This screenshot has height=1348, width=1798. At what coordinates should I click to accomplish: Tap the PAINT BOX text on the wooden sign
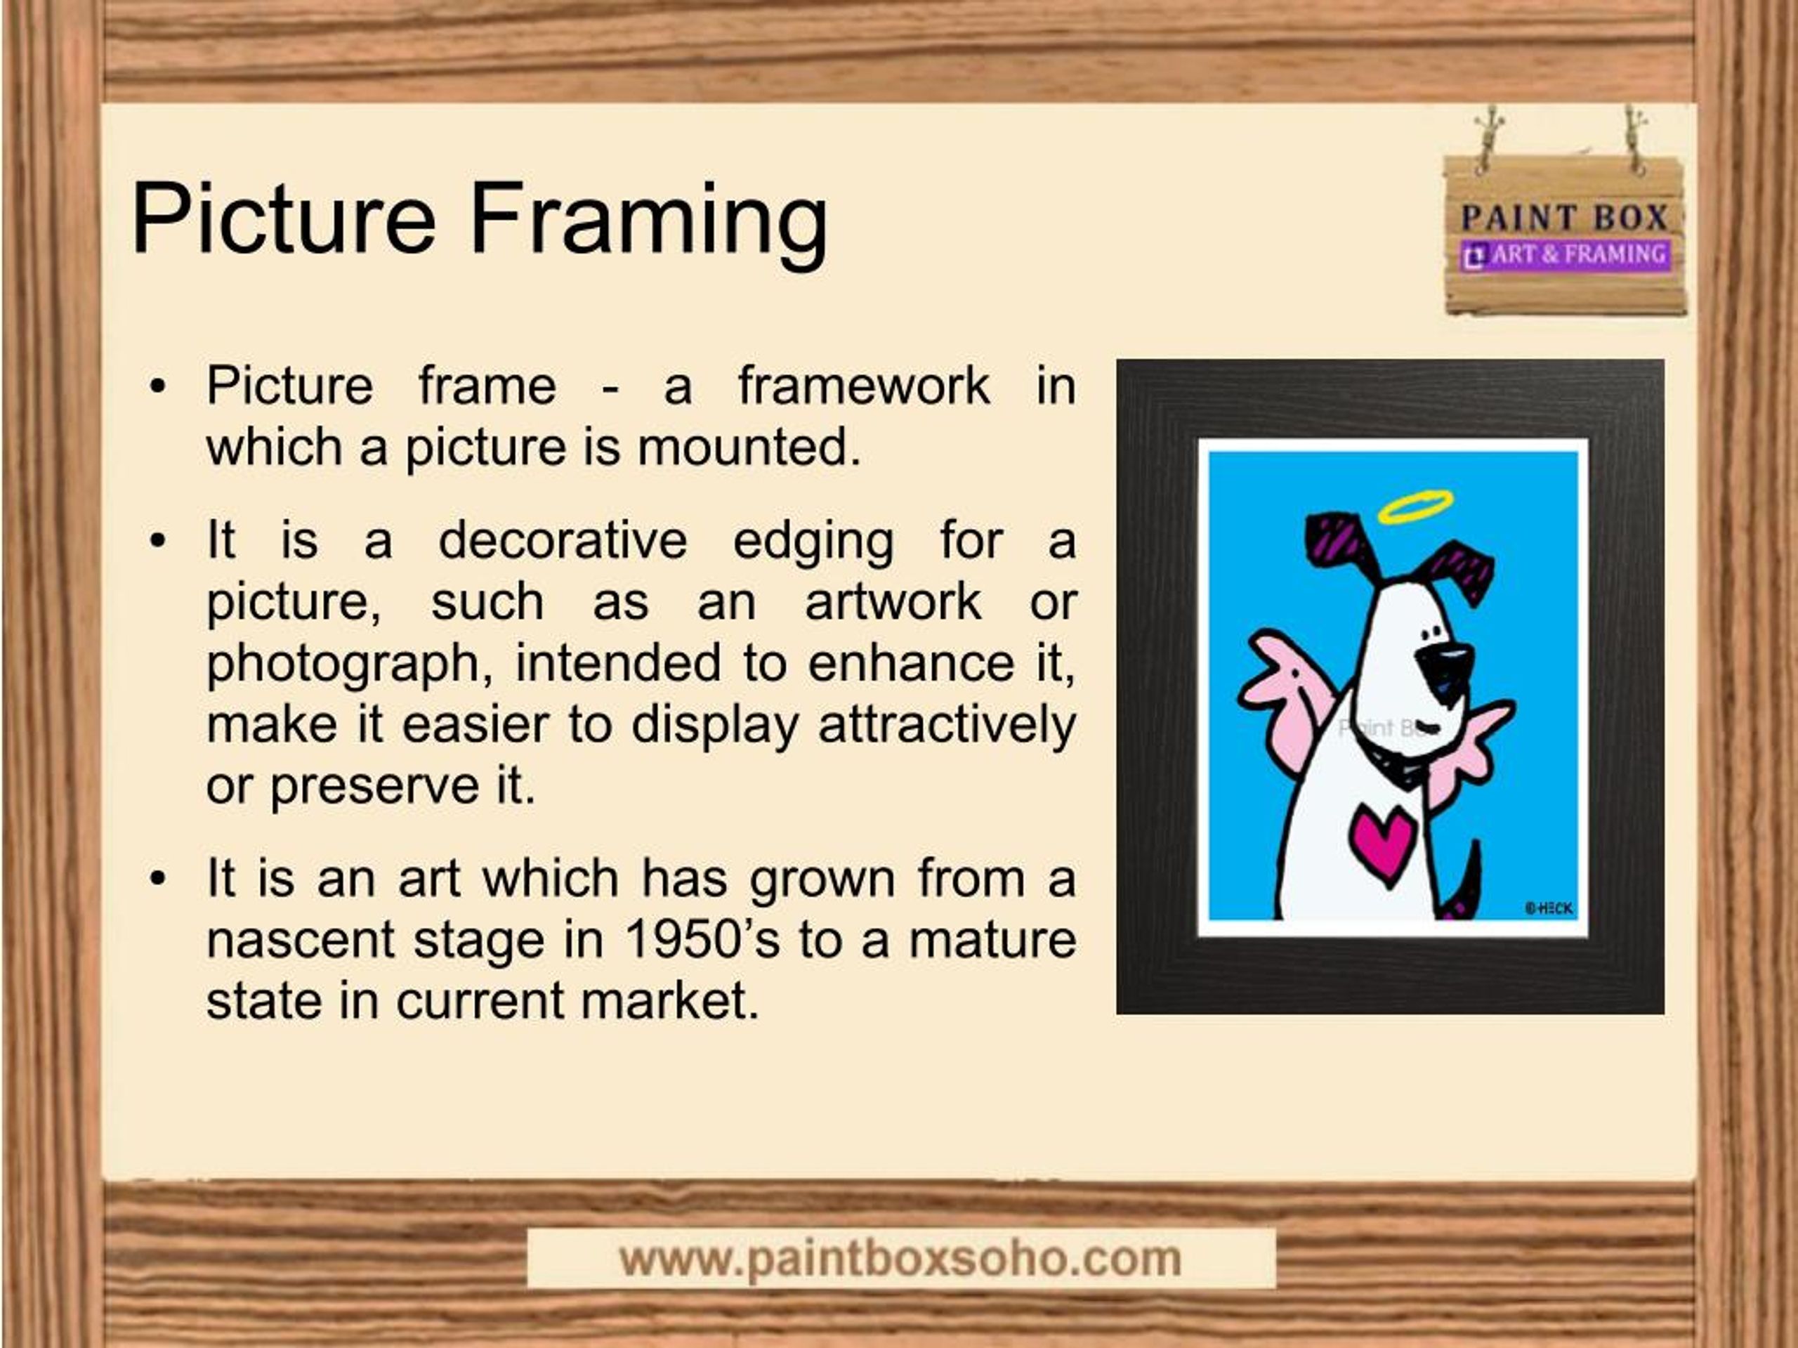click(1564, 218)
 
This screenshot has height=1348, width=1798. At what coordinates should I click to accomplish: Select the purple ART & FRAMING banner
click(1565, 255)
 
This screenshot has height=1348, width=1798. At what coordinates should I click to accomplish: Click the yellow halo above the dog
click(1416, 507)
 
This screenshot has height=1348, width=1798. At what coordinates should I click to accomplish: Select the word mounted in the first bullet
click(749, 447)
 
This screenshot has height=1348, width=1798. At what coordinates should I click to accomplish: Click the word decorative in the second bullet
click(563, 540)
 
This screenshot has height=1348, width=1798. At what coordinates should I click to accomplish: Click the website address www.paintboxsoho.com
click(900, 1259)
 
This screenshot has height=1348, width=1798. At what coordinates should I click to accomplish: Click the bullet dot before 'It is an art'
click(158, 879)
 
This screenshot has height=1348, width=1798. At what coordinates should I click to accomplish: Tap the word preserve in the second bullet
click(375, 787)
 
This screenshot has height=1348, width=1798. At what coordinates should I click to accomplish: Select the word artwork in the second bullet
click(893, 603)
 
